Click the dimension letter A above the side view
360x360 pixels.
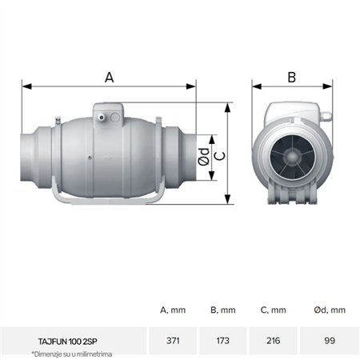click(110, 77)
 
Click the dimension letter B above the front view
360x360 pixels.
click(291, 77)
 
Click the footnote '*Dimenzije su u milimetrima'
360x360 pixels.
click(72, 354)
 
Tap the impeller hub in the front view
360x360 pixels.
click(292, 154)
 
